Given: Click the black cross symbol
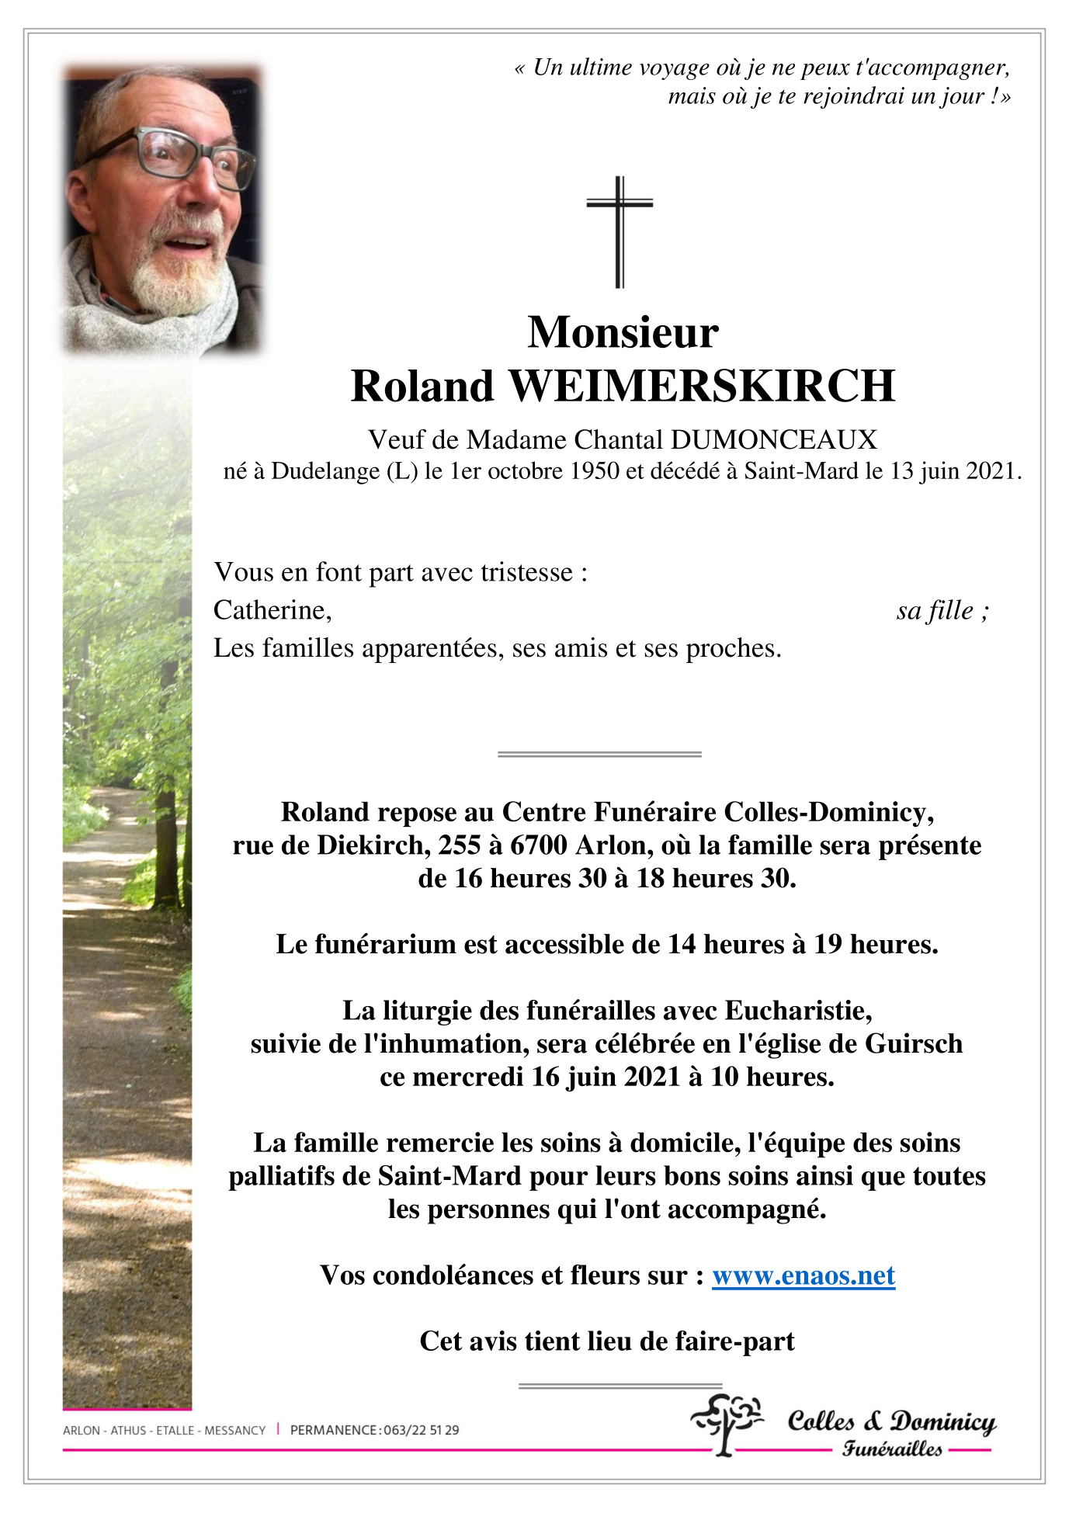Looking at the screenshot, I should pos(619,231).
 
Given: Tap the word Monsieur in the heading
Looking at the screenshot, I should pos(623,332).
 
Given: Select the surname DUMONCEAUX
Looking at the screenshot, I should pos(774,440).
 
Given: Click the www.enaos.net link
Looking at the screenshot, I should pos(803,1275).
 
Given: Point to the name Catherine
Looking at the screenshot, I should pos(272,611).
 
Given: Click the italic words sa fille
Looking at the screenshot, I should pos(935,611).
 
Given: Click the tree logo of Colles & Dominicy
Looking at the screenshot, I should pos(727,1422).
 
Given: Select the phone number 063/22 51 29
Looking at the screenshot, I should pos(420,1430).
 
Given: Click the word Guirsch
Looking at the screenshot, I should pos(914,1044).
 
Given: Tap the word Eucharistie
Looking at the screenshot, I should pos(798,1011).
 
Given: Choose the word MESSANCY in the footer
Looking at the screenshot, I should pos(234,1430).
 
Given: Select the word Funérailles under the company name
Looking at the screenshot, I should pos(892,1449).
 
